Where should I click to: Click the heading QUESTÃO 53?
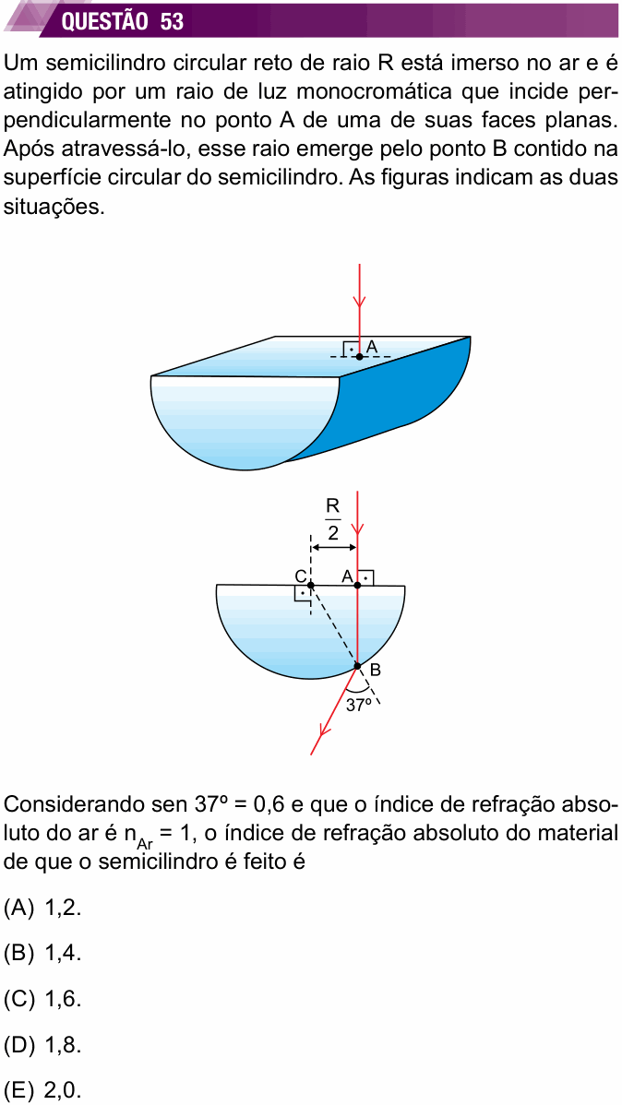tap(123, 22)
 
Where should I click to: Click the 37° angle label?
tap(358, 704)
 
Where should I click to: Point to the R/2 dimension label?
tap(333, 518)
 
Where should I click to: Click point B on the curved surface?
tap(357, 665)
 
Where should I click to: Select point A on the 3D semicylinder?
tap(359, 357)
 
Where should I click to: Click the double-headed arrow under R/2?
tap(333, 548)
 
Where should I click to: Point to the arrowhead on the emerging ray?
tap(325, 733)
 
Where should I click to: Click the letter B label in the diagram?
tap(375, 671)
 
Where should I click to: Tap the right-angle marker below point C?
tap(303, 593)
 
